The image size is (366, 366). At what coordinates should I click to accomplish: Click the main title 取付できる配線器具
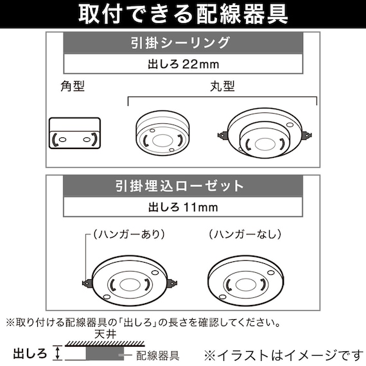(x=183, y=13)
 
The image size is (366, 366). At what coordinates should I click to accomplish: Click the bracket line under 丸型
(x=222, y=98)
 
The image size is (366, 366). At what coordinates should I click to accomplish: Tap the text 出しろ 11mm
(x=184, y=207)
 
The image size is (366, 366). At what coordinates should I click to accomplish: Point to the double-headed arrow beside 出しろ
(x=59, y=352)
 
